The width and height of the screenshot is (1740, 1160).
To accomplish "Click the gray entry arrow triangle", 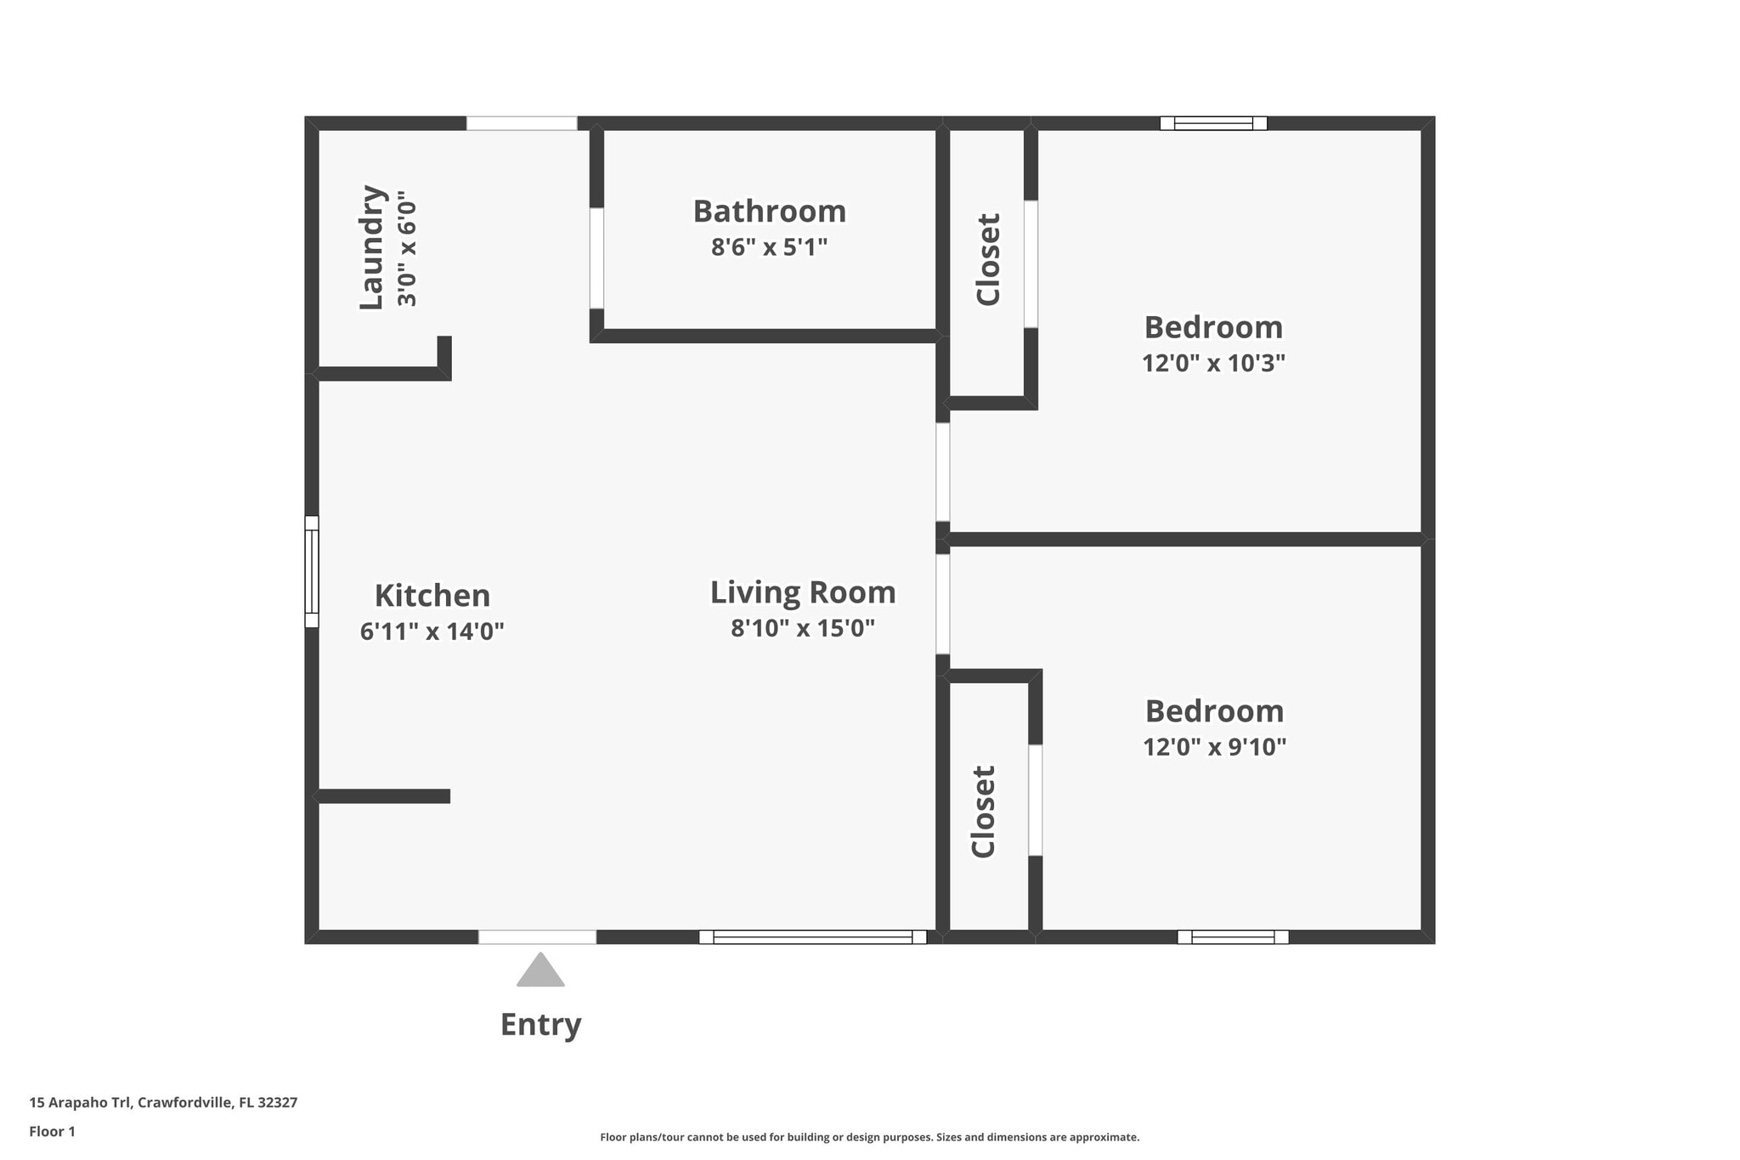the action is tap(540, 970).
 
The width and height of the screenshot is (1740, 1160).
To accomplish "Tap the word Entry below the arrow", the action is tap(540, 1025).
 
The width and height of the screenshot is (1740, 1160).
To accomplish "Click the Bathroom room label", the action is tap(770, 211).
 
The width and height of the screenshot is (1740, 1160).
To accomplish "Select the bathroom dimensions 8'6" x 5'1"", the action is tap(770, 247).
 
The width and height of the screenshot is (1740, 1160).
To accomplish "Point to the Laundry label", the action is tap(373, 247).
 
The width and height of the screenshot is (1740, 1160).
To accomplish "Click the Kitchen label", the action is tap(432, 595).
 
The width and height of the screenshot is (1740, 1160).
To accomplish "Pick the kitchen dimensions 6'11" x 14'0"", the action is tap(432, 631).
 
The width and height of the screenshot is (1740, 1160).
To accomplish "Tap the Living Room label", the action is tap(803, 593).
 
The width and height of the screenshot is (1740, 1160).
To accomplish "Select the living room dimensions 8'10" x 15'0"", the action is tap(803, 628).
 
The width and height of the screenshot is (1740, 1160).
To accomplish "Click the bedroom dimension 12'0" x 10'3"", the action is tap(1213, 363).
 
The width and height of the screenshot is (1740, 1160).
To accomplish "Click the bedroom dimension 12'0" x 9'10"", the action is tap(1214, 747).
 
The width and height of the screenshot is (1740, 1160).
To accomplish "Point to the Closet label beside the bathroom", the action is tap(988, 259).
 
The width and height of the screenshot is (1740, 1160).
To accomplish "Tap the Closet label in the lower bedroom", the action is tap(983, 812).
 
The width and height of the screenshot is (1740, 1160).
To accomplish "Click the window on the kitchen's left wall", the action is tap(312, 571).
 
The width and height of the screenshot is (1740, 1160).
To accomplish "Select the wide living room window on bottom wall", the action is tap(813, 936).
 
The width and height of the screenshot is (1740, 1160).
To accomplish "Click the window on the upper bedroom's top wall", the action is tap(1213, 123).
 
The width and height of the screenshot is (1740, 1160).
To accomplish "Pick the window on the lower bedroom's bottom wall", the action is tap(1233, 936).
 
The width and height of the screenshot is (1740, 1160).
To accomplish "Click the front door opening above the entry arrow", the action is tap(537, 936).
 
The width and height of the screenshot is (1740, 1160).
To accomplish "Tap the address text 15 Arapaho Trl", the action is tap(80, 1102).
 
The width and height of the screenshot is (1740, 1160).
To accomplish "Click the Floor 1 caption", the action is tap(53, 1131).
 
